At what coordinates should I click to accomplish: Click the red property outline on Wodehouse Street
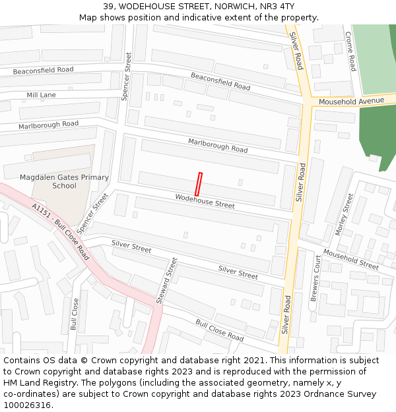click(199, 183)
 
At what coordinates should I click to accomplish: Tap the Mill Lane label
click(41, 95)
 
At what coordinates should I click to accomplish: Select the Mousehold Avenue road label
click(350, 101)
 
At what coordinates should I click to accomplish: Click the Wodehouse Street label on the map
click(205, 201)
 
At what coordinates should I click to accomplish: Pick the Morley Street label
click(345, 214)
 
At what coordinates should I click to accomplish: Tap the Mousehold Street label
click(350, 260)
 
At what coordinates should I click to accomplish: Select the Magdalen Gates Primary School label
click(64, 181)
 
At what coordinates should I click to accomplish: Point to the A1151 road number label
click(41, 212)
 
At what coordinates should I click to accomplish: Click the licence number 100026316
click(26, 405)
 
